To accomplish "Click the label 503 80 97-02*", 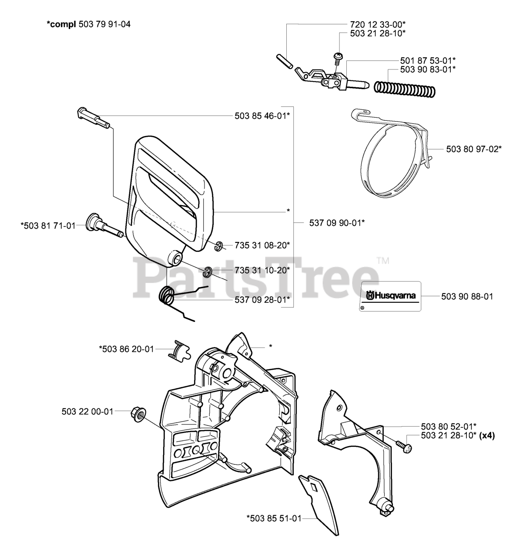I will pos(474,149).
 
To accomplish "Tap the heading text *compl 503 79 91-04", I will pos(89,24).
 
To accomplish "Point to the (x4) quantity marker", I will pos(487,435).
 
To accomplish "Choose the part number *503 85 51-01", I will pos(274,517).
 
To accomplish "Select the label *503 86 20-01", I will pos(126,348).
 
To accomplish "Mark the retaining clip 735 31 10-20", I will pos(208,271).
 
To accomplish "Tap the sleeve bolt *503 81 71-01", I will pos(104,224).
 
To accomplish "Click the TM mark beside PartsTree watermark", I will pos(383,261).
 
